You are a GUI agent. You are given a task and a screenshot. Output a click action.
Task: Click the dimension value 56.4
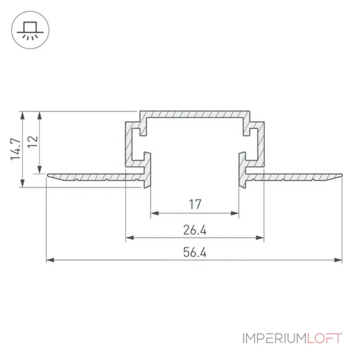(195, 252)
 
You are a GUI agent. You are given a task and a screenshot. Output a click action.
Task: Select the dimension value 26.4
(195, 230)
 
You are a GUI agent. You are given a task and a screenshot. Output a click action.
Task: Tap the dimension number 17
(195, 204)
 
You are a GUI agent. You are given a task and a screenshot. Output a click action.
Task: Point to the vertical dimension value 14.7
(16, 149)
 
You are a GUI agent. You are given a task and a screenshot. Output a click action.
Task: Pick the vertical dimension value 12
(32, 142)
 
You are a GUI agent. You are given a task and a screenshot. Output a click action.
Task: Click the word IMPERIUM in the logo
(274, 338)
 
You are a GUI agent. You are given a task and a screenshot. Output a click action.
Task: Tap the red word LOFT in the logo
(324, 338)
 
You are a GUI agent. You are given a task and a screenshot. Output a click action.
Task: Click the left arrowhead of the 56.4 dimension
(50, 260)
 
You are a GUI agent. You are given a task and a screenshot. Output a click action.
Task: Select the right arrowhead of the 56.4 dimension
(338, 260)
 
